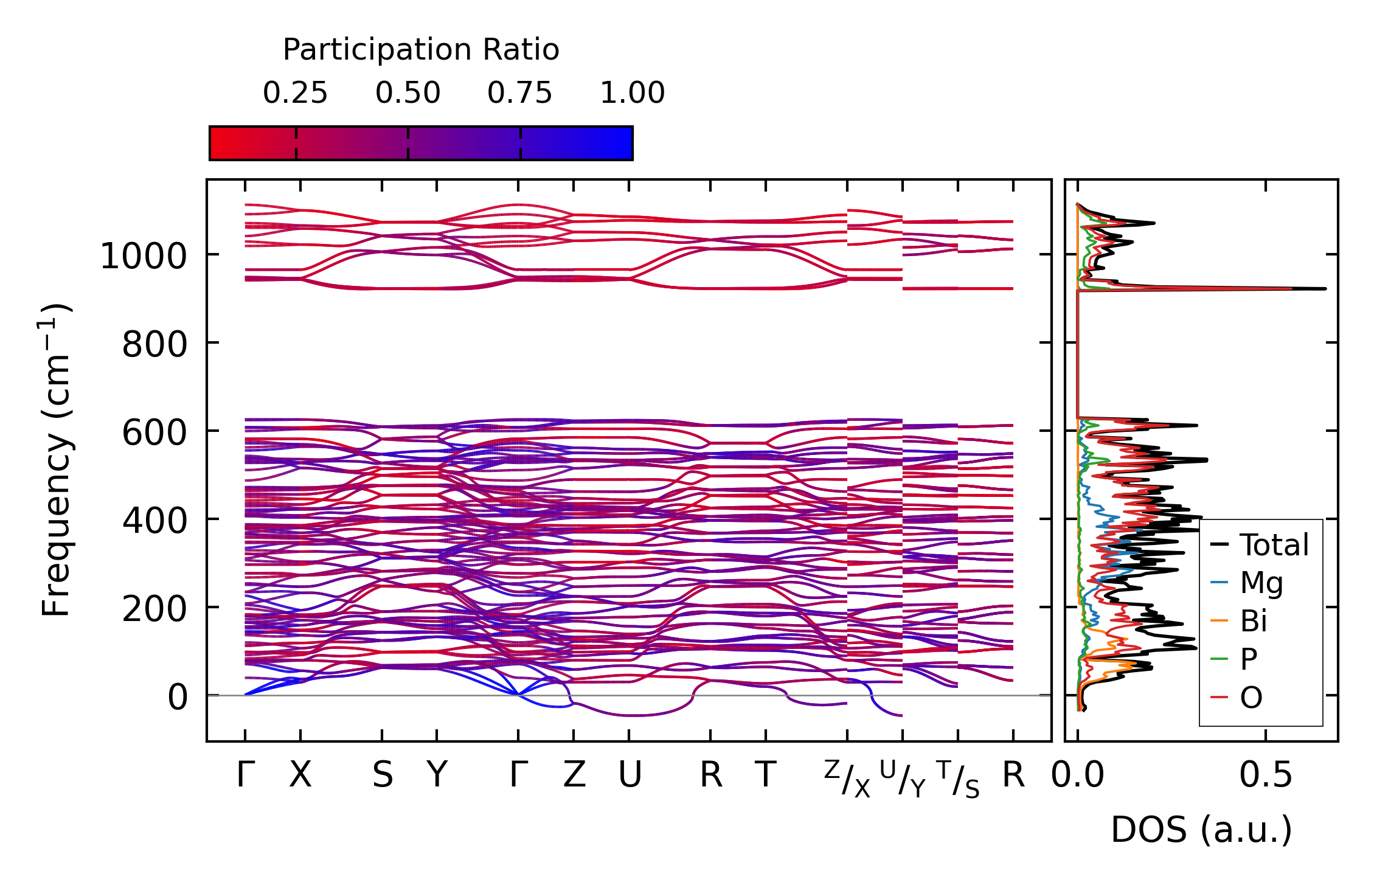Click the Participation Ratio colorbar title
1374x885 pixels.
click(421, 50)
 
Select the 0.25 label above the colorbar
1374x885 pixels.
click(295, 93)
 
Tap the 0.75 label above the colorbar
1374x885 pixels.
click(519, 93)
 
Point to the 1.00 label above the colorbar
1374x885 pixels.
click(632, 93)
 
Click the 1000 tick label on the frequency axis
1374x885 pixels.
click(144, 256)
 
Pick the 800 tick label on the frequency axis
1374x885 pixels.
click(154, 345)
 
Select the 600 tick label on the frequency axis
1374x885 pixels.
click(154, 433)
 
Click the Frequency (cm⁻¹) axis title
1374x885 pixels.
click(57, 460)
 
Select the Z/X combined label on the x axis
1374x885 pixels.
click(847, 779)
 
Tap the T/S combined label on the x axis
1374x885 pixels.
click(958, 779)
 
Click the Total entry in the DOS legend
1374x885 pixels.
click(1274, 545)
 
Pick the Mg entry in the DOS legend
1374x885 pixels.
click(1261, 583)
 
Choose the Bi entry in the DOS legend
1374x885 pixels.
click(1253, 621)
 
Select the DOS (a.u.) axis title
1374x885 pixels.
click(1201, 830)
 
